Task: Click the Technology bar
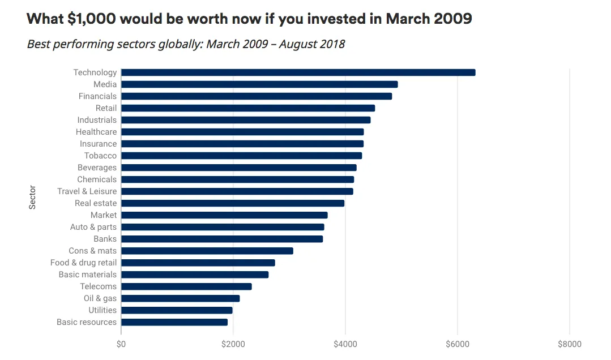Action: pyautogui.click(x=298, y=72)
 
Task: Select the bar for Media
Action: pyautogui.click(x=259, y=84)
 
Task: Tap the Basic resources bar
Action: pyautogui.click(x=174, y=322)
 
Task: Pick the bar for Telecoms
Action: pyautogui.click(x=186, y=286)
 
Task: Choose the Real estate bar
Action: pyautogui.click(x=233, y=203)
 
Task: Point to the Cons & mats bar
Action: pyautogui.click(x=207, y=251)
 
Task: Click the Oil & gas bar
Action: pyautogui.click(x=181, y=298)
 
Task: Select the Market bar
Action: pyautogui.click(x=224, y=215)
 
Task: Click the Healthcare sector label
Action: pyautogui.click(x=96, y=132)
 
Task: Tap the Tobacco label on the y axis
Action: pyautogui.click(x=100, y=156)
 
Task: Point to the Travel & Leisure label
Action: pyautogui.click(x=87, y=191)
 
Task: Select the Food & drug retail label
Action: pyautogui.click(x=83, y=263)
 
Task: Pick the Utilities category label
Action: pyautogui.click(x=102, y=310)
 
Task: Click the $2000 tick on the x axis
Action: pyautogui.click(x=233, y=344)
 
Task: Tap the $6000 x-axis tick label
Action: pyautogui.click(x=457, y=344)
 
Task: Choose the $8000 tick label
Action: pyautogui.click(x=569, y=344)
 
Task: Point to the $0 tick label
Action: pyautogui.click(x=121, y=344)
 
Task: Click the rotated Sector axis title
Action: pyautogui.click(x=32, y=197)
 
